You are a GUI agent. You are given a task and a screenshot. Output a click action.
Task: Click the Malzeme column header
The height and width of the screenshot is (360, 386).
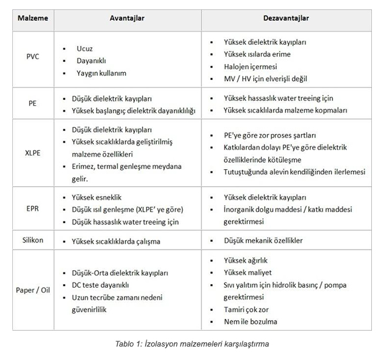click(x=33, y=18)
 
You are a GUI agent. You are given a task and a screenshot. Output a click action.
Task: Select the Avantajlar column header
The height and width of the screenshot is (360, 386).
click(x=127, y=18)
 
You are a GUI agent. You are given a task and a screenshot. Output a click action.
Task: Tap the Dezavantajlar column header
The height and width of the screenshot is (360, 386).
click(x=287, y=18)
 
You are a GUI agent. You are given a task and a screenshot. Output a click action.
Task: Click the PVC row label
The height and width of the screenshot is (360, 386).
click(x=33, y=60)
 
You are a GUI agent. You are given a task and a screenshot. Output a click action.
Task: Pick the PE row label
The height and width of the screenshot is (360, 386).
click(x=33, y=104)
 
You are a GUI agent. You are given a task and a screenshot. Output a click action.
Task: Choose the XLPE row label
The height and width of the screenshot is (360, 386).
click(x=33, y=150)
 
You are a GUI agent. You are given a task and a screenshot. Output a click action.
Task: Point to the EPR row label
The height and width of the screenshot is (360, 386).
click(x=33, y=209)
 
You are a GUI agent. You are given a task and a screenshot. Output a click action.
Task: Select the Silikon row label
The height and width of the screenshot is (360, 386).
click(x=33, y=240)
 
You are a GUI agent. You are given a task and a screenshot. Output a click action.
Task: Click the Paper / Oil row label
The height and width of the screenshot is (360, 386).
click(x=33, y=290)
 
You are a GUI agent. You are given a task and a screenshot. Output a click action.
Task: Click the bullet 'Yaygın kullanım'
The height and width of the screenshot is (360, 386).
click(x=101, y=73)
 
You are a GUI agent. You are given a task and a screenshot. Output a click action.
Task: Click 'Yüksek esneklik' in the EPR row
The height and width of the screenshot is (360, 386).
click(x=96, y=197)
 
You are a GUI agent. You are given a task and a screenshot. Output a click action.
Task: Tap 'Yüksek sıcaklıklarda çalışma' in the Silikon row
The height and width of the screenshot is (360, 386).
click(x=116, y=241)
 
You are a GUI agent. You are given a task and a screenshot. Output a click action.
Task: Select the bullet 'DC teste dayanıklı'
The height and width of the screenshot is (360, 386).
click(x=100, y=285)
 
